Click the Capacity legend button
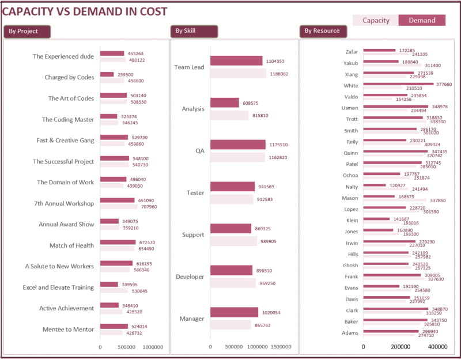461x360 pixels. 376,21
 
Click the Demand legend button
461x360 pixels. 422,21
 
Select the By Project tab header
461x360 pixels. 27,31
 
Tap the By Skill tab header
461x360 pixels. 194,31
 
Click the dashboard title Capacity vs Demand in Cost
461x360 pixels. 85,12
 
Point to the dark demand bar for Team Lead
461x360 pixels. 236,60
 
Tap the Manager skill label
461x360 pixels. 192,319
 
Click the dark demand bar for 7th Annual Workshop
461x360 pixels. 118,200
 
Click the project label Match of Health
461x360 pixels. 71,245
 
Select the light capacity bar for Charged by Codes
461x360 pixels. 112,81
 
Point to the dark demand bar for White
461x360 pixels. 398,84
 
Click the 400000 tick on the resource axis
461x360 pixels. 437,347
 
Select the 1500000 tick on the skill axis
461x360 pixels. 281,347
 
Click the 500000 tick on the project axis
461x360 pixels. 127,347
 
